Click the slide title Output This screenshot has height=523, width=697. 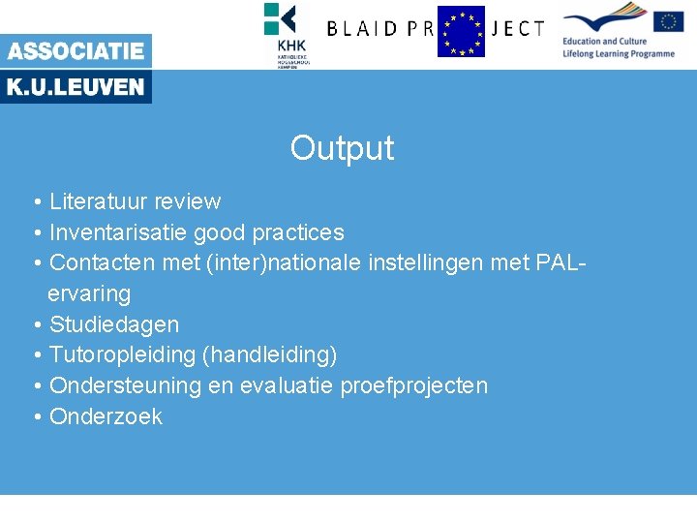click(x=342, y=148)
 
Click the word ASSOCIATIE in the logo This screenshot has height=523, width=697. click(x=76, y=51)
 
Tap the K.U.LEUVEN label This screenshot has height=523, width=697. click(x=76, y=87)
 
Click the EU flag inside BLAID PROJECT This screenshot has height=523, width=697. click(x=461, y=31)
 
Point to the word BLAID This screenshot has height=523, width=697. click(x=364, y=29)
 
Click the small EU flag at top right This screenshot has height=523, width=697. click(x=668, y=21)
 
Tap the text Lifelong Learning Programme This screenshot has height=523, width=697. click(x=618, y=54)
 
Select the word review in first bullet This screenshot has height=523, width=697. click(x=187, y=201)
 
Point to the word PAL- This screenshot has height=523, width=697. click(x=561, y=262)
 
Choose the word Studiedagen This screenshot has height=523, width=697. click(x=113, y=324)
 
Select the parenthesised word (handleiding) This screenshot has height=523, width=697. click(x=270, y=355)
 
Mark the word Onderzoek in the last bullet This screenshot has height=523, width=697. click(x=106, y=416)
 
